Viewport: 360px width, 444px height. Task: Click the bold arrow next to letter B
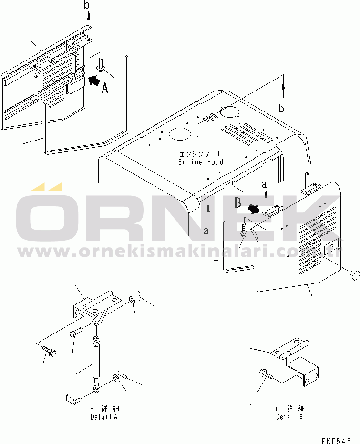click(254, 209)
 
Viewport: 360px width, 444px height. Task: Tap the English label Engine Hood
click(201, 162)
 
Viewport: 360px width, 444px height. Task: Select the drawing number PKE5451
click(339, 441)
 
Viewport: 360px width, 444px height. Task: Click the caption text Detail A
click(104, 417)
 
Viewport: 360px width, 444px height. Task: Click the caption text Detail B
click(289, 417)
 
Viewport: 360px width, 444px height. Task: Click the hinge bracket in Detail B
click(295, 359)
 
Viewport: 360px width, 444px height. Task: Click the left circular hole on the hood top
click(180, 134)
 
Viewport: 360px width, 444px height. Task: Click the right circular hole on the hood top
click(230, 111)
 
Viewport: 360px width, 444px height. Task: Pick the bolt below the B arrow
click(244, 230)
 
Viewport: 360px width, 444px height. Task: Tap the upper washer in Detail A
click(132, 300)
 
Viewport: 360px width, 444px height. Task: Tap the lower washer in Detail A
click(116, 378)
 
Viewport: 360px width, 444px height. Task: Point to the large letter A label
click(105, 88)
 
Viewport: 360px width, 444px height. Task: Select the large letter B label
click(238, 203)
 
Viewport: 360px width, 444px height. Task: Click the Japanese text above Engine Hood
click(201, 154)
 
